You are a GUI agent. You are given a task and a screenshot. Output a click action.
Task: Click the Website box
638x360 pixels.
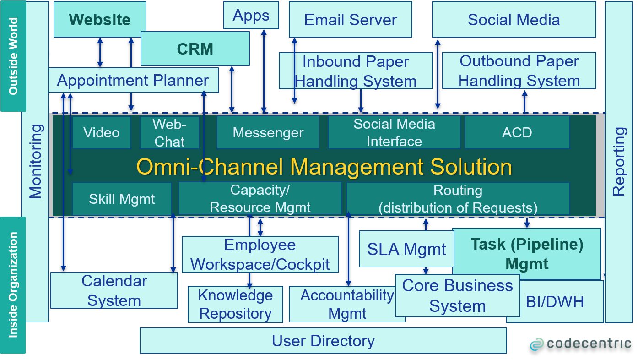point(100,19)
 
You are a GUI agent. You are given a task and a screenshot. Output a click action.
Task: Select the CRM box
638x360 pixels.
point(195,49)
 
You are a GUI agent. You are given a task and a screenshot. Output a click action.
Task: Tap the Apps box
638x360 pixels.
point(251,15)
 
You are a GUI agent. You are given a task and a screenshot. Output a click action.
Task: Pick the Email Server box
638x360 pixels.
point(350,19)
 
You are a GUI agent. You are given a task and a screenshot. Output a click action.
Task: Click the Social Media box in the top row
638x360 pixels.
point(514,19)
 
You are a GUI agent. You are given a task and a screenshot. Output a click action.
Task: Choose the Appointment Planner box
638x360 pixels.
point(133,81)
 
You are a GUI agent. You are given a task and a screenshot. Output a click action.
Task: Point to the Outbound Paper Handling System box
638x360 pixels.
point(519,71)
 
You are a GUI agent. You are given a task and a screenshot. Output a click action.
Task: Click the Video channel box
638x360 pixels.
point(101,132)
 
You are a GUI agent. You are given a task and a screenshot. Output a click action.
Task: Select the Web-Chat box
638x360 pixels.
point(169,132)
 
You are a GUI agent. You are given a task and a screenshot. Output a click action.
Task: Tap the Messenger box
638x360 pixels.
point(268,132)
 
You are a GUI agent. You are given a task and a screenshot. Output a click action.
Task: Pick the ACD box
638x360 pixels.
point(517,132)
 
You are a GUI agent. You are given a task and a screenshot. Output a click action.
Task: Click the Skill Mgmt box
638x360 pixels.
point(122,199)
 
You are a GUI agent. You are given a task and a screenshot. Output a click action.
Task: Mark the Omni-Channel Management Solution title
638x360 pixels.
point(324,166)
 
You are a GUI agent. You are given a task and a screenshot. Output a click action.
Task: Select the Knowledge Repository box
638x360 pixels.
point(235,304)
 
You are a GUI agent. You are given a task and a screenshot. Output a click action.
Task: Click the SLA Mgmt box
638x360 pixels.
point(406,249)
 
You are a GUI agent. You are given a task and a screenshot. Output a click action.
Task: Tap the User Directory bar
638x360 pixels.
point(323,341)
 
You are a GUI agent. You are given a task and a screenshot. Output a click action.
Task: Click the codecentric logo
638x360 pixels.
point(580,343)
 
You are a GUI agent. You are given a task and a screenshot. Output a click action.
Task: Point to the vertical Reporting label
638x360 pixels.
point(618,161)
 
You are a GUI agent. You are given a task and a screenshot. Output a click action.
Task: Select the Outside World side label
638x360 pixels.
point(13,56)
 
